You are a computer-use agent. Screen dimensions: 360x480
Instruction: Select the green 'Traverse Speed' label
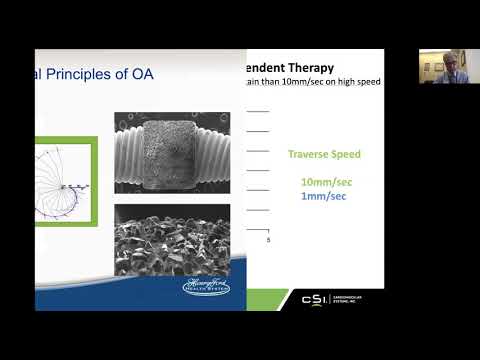click(x=324, y=155)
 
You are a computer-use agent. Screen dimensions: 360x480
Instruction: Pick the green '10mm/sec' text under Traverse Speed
click(x=324, y=182)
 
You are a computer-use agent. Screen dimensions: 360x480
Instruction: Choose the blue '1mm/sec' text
click(x=324, y=196)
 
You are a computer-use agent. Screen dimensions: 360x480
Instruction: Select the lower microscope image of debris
click(x=172, y=239)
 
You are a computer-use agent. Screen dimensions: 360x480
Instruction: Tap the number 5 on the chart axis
click(x=268, y=241)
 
